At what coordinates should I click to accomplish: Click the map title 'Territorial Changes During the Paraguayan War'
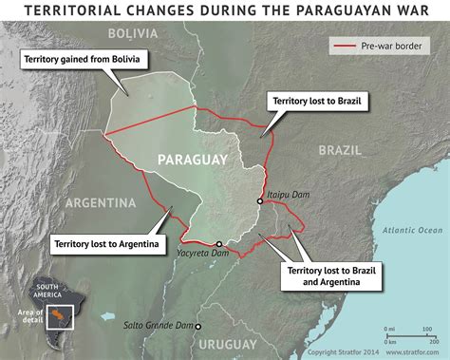point(225,11)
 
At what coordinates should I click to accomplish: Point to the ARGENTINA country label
point(101,202)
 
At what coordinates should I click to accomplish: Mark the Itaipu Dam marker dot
point(259,201)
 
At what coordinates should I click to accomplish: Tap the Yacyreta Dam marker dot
point(218,242)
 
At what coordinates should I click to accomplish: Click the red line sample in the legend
point(345,45)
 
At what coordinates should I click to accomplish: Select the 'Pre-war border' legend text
point(389,45)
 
